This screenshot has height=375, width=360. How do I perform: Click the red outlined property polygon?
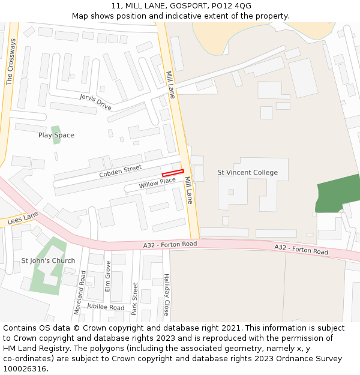[173, 173]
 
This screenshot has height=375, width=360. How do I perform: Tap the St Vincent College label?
[247, 173]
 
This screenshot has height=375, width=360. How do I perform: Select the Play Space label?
[56, 136]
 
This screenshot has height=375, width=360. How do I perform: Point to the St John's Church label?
[49, 260]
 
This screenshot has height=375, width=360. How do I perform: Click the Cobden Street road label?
[121, 172]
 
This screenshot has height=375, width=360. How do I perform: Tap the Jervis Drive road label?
[95, 102]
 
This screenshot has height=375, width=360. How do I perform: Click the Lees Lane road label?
[23, 218]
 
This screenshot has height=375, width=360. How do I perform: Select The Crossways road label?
[10, 62]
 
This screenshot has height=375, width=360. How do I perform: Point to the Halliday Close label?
[167, 295]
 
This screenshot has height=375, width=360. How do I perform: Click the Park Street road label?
[135, 303]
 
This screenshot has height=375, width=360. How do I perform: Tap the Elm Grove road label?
[108, 276]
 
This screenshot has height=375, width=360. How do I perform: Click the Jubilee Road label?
[105, 307]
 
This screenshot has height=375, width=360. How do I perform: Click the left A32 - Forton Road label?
[170, 245]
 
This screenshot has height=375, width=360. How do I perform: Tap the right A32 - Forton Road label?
[301, 250]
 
